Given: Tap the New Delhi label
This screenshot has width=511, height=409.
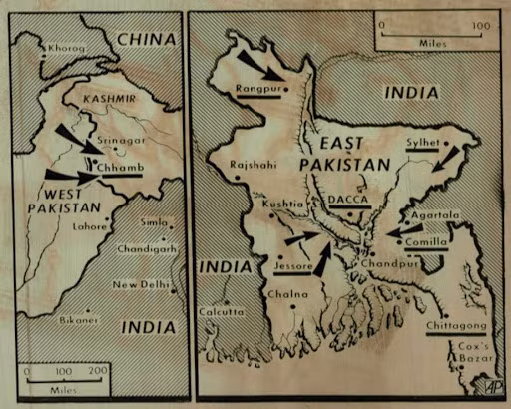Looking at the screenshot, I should pos(140,285).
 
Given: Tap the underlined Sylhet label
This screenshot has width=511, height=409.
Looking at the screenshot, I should pos(422,143).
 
